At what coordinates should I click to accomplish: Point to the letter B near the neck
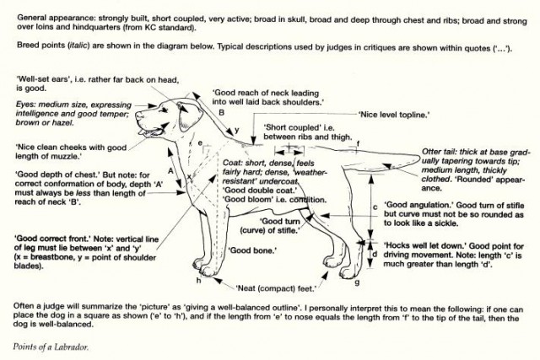(x=221, y=111)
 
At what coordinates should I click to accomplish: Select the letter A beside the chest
(x=171, y=171)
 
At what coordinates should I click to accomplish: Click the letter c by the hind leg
(x=375, y=207)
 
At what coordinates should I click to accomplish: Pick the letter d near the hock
(x=375, y=253)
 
